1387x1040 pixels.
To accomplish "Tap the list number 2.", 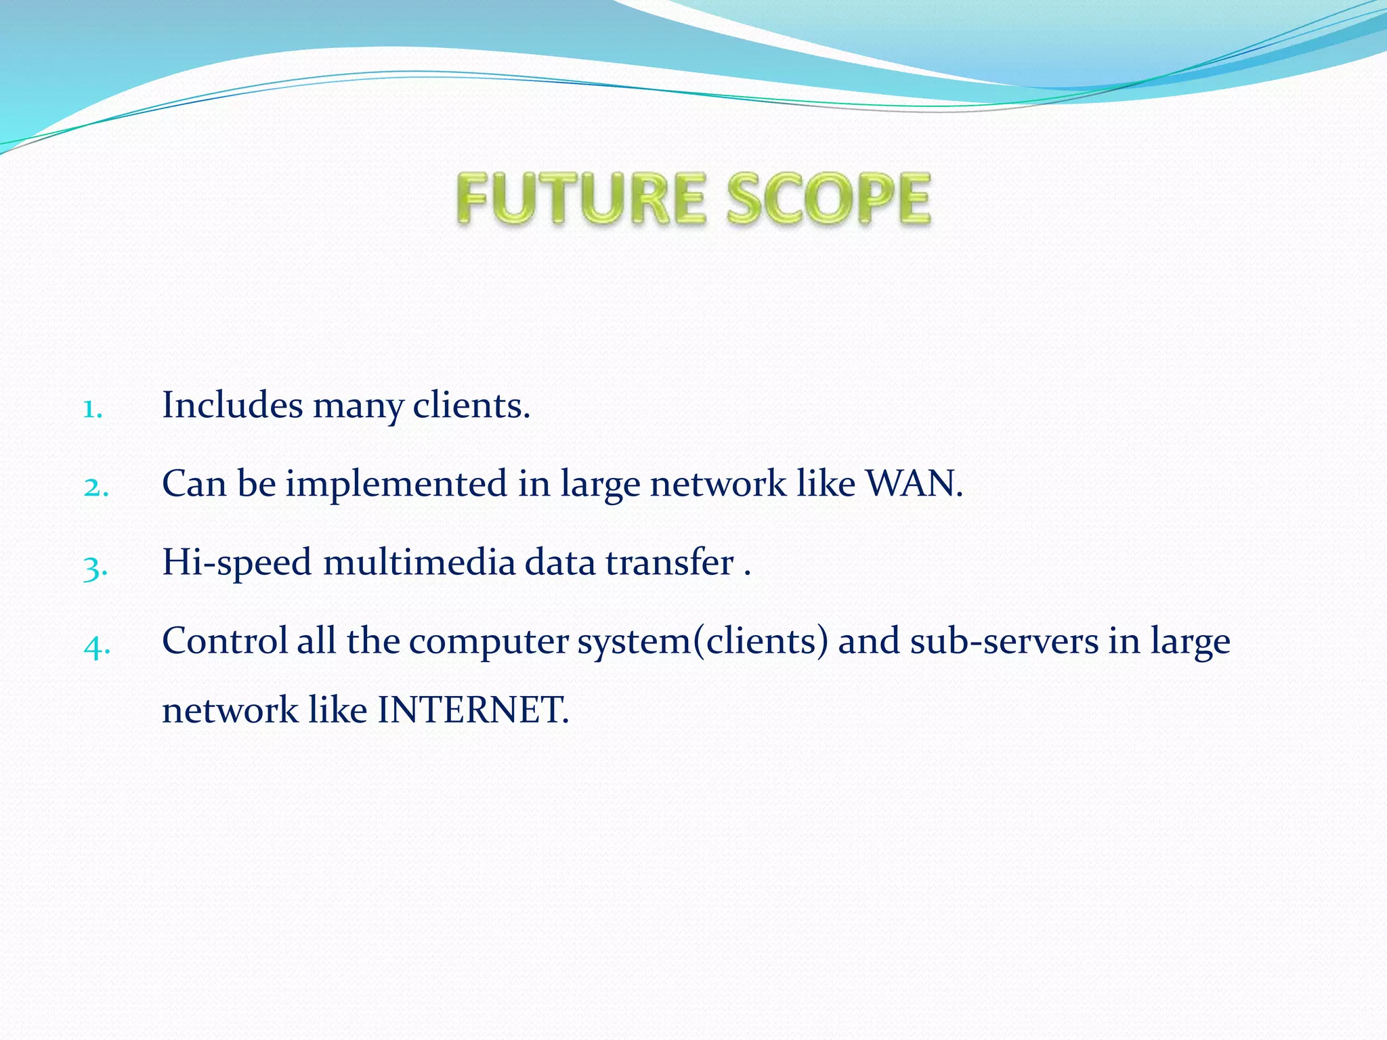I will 95,487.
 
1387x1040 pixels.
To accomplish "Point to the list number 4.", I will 96,646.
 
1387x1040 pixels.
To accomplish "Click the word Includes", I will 232,406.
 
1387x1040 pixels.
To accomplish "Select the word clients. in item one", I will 471,406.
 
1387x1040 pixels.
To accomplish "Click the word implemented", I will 396,485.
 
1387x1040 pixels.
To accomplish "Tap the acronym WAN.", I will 914,484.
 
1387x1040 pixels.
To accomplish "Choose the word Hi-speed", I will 237,563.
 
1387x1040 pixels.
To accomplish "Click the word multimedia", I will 419,563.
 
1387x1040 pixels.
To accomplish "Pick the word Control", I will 225,641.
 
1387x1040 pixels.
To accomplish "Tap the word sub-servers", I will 1004,641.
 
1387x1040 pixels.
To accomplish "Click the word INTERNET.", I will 472,710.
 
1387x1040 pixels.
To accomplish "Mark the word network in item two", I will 718,485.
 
